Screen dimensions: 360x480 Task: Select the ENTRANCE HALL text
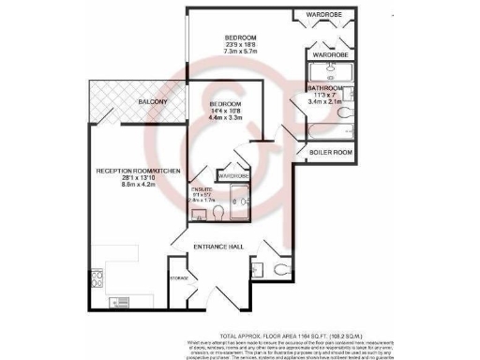(218, 246)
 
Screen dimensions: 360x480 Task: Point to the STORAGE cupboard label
(178, 278)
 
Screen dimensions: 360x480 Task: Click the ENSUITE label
(203, 190)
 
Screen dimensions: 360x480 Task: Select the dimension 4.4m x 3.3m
(226, 118)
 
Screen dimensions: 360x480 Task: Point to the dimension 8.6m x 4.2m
(135, 186)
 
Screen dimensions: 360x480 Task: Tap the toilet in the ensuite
(218, 213)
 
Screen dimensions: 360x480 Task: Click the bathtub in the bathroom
(329, 130)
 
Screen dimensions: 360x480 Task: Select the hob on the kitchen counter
(120, 303)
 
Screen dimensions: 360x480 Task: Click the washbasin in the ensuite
(199, 214)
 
